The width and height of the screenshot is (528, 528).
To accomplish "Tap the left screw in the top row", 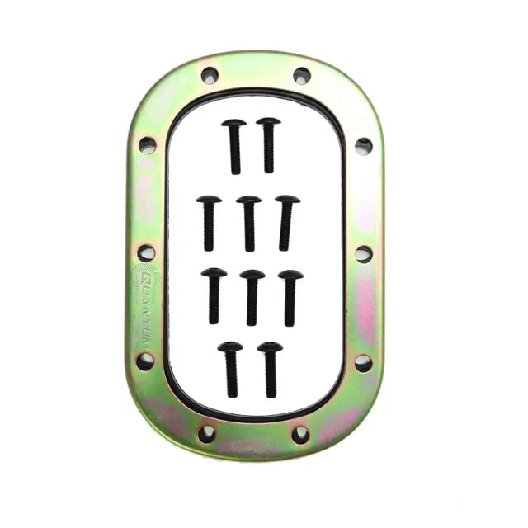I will point(234,145).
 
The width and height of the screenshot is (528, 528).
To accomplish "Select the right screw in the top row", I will point(268,144).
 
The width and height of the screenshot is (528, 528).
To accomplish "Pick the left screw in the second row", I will point(209,222).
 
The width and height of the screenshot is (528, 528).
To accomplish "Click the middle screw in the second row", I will point(248,221).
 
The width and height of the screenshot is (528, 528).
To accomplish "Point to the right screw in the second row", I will point(286,221).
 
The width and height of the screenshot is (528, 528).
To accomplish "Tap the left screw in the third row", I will point(214,295).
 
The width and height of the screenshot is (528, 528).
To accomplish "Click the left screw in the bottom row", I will point(230,368).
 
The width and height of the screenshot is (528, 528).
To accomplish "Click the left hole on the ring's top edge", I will point(210,76).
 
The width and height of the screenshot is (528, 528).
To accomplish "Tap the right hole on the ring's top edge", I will point(301,76).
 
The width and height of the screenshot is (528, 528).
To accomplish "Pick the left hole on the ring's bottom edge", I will point(207,432).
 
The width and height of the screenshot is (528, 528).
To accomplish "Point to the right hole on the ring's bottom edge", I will point(300,432).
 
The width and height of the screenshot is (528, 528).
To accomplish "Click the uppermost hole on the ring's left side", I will point(147,145).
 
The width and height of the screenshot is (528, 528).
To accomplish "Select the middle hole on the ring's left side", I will point(146,252).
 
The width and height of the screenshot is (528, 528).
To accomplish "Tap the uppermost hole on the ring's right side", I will point(363,146).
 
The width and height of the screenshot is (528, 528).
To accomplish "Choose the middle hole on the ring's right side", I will point(363,253).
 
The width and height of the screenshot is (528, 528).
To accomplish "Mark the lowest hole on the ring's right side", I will point(363,361).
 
